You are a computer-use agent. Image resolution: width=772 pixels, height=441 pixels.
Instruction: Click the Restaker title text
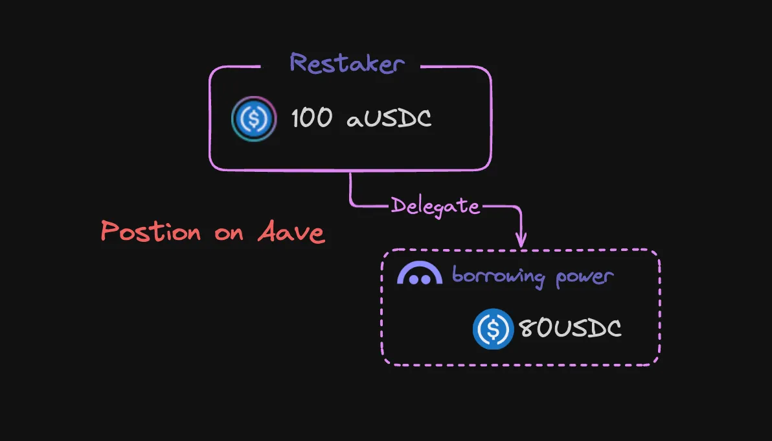tap(347, 64)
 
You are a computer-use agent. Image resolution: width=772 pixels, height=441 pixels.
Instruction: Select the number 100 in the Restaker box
tap(312, 119)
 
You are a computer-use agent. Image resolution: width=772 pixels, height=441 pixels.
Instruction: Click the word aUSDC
tap(389, 119)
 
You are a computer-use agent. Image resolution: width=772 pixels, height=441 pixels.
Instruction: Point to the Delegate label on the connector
tap(435, 206)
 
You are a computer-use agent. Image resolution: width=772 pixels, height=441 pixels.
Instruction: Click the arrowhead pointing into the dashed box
tap(520, 241)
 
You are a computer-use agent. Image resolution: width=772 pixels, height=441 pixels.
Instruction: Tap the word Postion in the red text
tap(151, 232)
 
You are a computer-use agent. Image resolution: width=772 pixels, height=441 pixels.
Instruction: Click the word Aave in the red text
tap(291, 232)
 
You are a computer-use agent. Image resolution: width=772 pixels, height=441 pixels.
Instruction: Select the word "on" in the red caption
tap(229, 233)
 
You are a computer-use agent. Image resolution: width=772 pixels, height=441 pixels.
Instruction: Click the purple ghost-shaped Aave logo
tap(419, 274)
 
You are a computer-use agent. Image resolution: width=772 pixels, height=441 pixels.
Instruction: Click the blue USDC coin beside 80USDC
tap(493, 329)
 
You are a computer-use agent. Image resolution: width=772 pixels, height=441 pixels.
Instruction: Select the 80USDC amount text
tap(569, 329)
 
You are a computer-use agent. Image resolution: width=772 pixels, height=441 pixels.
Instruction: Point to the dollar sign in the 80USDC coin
tap(493, 329)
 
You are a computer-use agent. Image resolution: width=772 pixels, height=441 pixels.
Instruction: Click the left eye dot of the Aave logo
tap(413, 280)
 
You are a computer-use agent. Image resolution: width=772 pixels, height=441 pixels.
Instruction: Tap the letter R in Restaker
tap(299, 64)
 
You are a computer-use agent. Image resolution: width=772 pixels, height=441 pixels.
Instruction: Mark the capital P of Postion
tap(110, 232)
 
